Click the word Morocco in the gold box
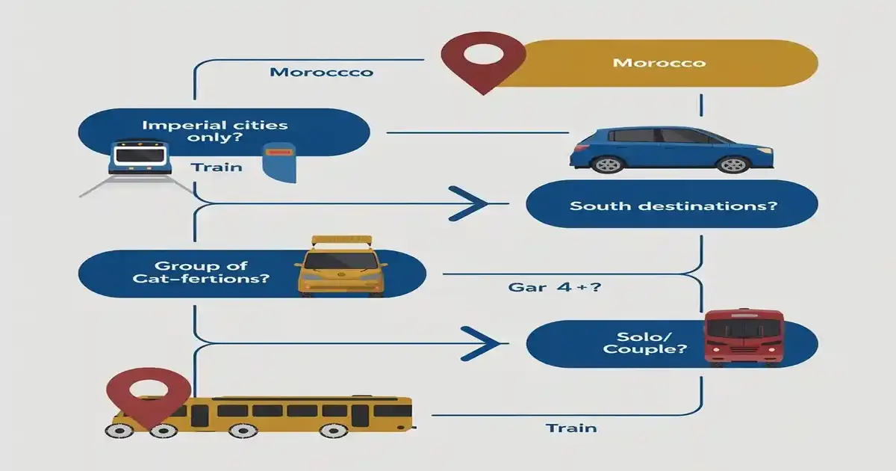[x=659, y=63]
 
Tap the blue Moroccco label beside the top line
[x=321, y=73]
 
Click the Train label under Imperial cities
[x=217, y=167]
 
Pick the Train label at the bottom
[x=571, y=428]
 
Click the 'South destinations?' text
[x=673, y=206]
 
